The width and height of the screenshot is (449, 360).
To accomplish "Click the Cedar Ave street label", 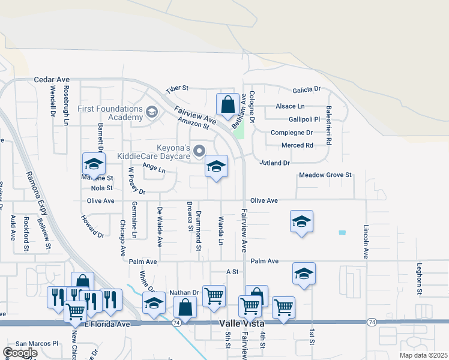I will (52, 79).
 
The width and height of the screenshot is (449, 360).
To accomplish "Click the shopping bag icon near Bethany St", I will (228, 104).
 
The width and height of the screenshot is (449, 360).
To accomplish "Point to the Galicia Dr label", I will (306, 89).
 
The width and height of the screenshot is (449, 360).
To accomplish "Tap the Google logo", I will (19, 353).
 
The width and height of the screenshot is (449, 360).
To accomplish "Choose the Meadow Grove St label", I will (325, 175).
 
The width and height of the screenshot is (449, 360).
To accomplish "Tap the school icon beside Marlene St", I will (94, 164).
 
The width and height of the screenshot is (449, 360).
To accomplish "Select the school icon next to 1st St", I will (304, 274).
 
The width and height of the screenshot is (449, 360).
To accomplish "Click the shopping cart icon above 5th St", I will (214, 296).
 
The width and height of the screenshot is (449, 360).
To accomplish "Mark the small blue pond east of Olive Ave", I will (342, 232).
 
